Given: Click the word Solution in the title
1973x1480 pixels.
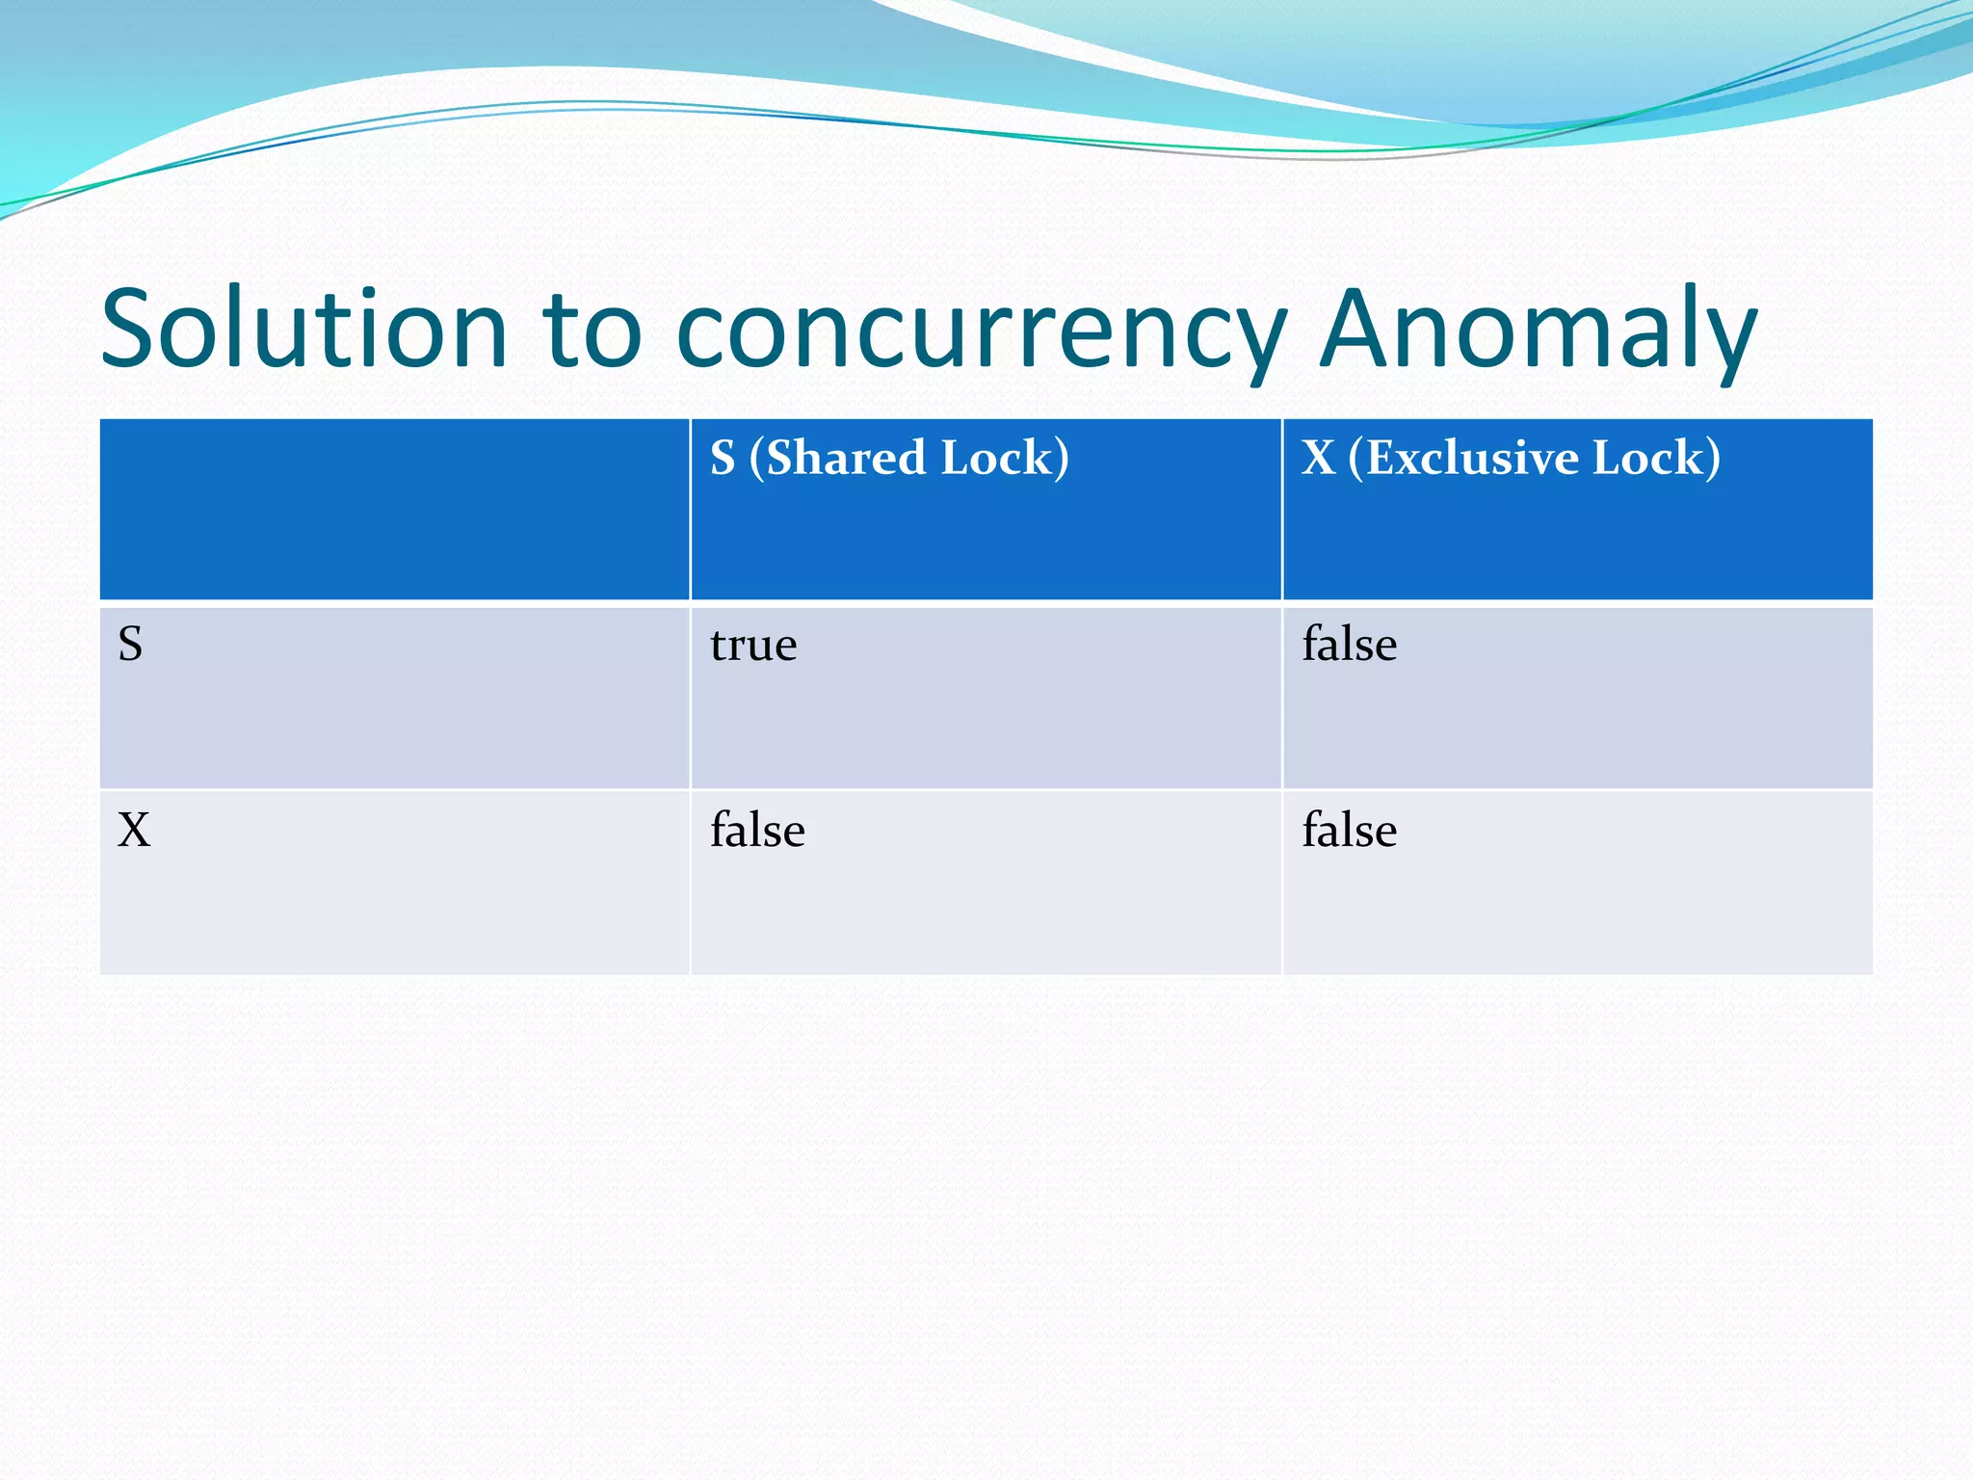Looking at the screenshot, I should [303, 330].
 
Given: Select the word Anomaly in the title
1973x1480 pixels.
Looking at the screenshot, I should [1539, 330].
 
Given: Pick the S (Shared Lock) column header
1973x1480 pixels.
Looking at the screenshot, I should [889, 458].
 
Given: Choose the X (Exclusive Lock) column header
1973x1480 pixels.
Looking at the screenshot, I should [1511, 458].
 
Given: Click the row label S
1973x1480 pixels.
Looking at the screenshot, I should [130, 644].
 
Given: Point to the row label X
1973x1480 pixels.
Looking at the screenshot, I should [134, 830].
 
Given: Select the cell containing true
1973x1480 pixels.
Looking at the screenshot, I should [753, 645].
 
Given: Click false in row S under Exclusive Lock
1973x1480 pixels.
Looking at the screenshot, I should [1349, 644].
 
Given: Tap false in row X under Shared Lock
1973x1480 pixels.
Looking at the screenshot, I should [757, 830].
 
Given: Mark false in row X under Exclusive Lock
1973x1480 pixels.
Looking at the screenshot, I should [1349, 830].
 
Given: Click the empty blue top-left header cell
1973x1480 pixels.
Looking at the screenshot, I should [394, 509].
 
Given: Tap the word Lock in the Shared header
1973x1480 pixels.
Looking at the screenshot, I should [1002, 458].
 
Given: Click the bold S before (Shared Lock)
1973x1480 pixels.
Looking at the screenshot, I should [723, 458].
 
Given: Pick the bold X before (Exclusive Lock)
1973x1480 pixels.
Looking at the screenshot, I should [1318, 458].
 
